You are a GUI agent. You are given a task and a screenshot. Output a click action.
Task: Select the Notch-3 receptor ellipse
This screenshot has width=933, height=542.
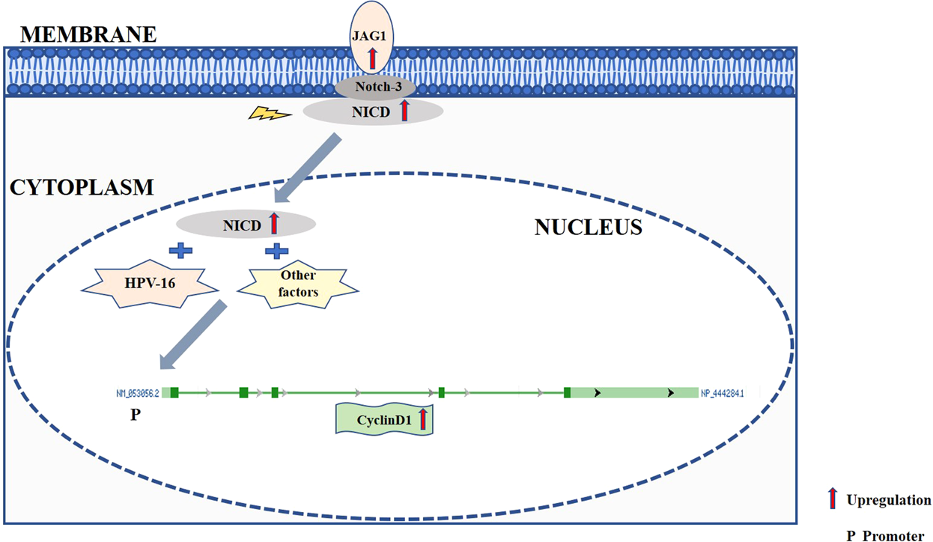pos(374,88)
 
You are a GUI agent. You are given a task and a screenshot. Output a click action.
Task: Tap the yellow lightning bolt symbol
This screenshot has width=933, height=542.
pos(268,114)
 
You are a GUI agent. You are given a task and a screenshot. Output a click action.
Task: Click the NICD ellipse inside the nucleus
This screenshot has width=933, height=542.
pos(245,223)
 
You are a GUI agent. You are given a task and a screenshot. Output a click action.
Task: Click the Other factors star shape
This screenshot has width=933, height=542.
pos(298,285)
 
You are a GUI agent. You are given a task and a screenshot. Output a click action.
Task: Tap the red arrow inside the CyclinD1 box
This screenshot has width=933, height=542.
pos(422,418)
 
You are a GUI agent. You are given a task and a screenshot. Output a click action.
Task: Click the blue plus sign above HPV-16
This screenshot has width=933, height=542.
pos(177,250)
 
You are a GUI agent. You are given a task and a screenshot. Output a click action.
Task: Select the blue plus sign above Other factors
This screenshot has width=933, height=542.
pos(277,250)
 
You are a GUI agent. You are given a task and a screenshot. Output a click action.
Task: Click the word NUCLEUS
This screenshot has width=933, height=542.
pos(588,228)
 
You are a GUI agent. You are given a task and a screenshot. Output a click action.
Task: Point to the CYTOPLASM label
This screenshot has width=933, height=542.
pos(82,187)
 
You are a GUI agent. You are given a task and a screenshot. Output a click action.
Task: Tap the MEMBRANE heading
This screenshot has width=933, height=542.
pos(88,34)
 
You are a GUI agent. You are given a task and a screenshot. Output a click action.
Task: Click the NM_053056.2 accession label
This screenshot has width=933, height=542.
pos(137,392)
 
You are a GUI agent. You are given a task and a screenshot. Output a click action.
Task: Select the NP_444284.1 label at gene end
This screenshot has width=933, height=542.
pos(722,392)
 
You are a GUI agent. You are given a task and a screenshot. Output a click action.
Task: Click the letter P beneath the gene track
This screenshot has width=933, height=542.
pos(135,414)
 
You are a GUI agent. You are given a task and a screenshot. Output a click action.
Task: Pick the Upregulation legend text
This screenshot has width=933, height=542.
pos(888,500)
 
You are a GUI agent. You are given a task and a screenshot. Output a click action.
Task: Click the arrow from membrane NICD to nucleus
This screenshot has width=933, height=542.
pos(308,169)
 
